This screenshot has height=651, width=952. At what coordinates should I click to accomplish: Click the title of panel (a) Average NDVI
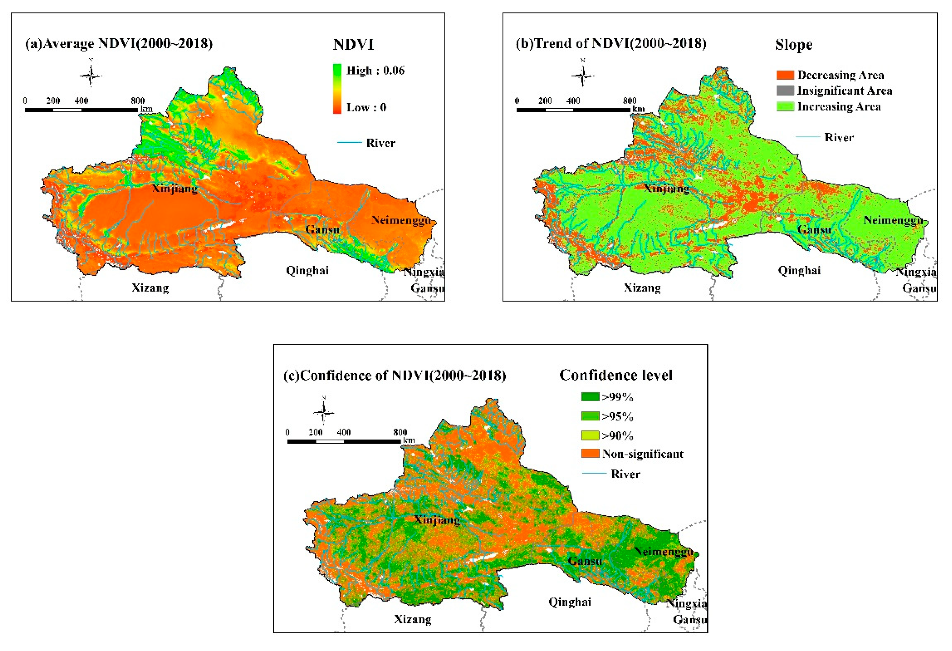pyautogui.click(x=119, y=43)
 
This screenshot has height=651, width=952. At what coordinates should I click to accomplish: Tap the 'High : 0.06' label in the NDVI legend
pyautogui.click(x=375, y=71)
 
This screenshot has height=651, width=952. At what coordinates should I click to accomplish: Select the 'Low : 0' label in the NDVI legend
pyautogui.click(x=366, y=107)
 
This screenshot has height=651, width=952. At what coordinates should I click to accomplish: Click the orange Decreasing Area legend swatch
pyautogui.click(x=785, y=75)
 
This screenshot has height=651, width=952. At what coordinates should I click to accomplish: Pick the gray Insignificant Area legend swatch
pyautogui.click(x=785, y=91)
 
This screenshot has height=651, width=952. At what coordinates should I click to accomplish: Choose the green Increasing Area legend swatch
pyautogui.click(x=785, y=107)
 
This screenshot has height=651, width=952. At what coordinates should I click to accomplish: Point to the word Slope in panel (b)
pyautogui.click(x=793, y=44)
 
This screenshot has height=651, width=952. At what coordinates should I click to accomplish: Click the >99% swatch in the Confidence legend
pyautogui.click(x=590, y=397)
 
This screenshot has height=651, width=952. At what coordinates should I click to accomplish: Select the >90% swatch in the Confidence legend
pyautogui.click(x=590, y=435)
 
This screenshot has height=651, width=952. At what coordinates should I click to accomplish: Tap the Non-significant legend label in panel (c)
pyautogui.click(x=642, y=454)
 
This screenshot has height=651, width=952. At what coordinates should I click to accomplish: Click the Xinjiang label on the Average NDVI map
pyautogui.click(x=175, y=189)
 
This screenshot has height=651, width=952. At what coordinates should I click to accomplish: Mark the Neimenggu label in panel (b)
pyautogui.click(x=893, y=221)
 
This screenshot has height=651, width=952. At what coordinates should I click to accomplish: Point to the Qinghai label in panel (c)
pyautogui.click(x=570, y=602)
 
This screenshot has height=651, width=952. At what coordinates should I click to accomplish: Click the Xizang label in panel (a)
pyautogui.click(x=150, y=288)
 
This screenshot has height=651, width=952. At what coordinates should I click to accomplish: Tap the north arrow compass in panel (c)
pyautogui.click(x=324, y=412)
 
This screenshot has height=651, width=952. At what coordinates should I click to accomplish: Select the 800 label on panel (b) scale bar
pyautogui.click(x=630, y=101)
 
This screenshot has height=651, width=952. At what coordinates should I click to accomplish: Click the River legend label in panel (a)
pyautogui.click(x=381, y=143)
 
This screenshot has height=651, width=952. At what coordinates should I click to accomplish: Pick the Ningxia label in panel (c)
pyautogui.click(x=687, y=604)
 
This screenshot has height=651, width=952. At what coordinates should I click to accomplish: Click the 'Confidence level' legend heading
pyautogui.click(x=616, y=375)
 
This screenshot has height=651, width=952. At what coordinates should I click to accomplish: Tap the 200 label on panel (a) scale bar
pyautogui.click(x=53, y=101)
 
